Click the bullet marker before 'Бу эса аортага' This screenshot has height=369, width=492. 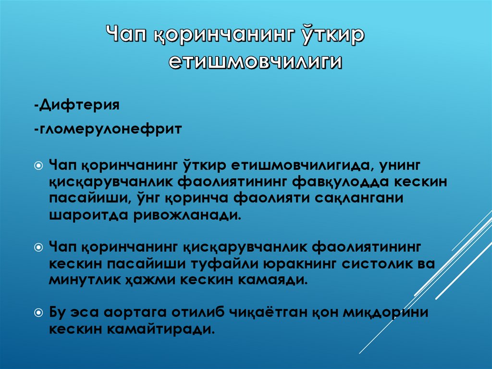[38, 312]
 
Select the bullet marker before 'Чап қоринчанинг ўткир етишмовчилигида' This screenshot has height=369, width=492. [38, 165]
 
